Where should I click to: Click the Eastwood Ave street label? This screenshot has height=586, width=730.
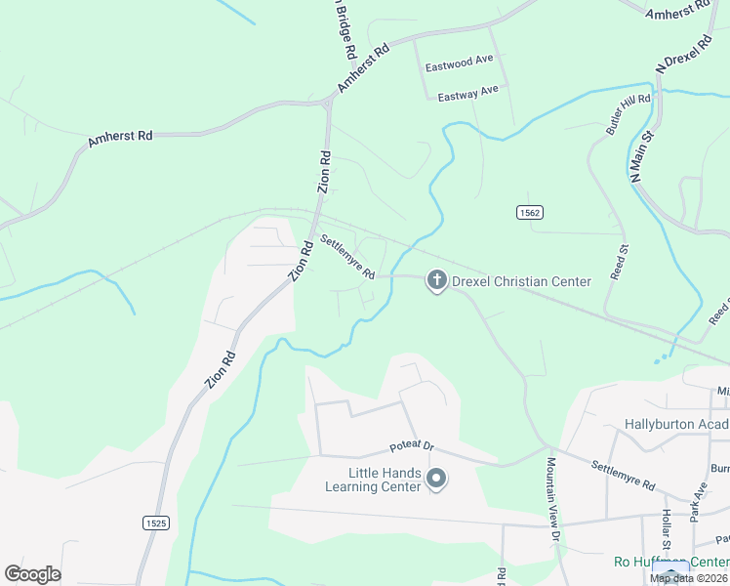coord(460,63)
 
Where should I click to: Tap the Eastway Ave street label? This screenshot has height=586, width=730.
coord(467,93)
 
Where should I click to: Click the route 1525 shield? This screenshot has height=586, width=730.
coord(156,523)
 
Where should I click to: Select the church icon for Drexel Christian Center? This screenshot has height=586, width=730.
coord(436,282)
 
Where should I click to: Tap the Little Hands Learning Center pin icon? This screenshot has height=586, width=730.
coord(436,479)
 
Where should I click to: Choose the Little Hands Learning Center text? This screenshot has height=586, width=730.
coord(372,480)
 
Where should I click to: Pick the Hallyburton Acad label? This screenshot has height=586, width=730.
coord(676,425)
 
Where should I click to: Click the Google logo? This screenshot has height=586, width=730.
coord(32,574)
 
